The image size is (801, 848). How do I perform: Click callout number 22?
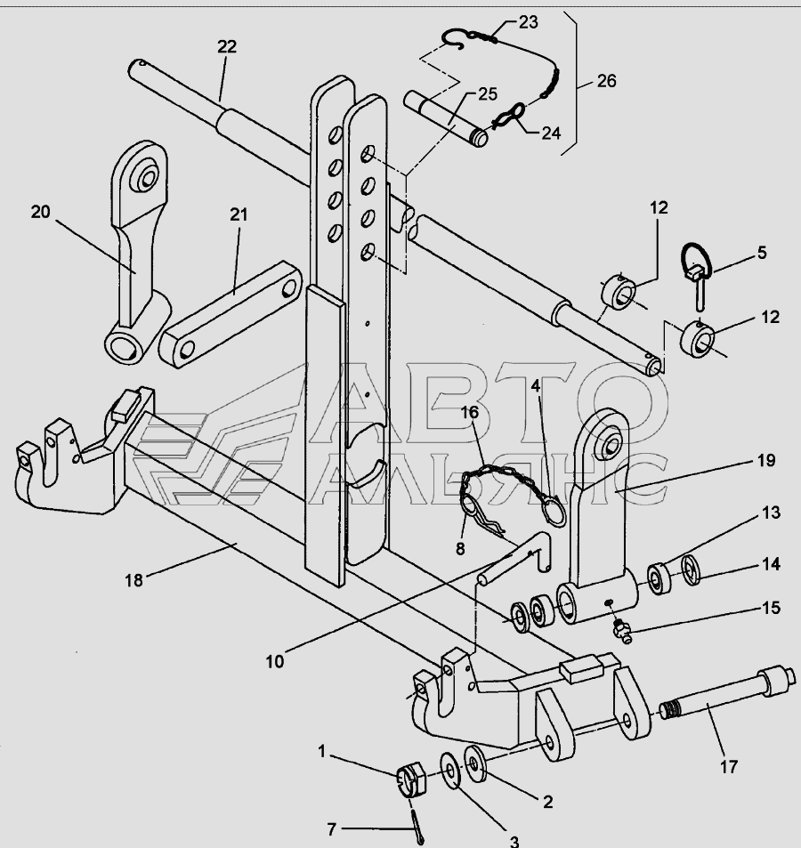click(x=227, y=47)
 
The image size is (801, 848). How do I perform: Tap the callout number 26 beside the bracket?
click(x=605, y=81)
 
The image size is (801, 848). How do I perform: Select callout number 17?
click(x=728, y=765)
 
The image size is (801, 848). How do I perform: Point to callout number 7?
click(x=332, y=829)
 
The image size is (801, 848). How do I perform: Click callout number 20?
click(x=41, y=211)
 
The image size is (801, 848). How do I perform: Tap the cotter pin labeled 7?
click(x=419, y=825)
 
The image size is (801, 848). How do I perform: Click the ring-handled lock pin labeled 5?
click(x=697, y=272)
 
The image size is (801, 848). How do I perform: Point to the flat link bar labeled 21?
click(x=230, y=315)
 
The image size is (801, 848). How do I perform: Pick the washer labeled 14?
click(x=692, y=570)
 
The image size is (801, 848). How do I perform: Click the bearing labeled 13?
click(x=659, y=579)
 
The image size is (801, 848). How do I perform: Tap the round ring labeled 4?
click(x=555, y=511)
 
